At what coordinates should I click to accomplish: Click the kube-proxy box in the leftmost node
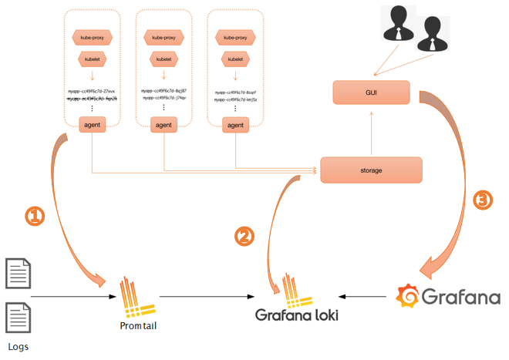click(92, 37)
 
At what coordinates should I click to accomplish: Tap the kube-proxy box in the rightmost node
click(235, 37)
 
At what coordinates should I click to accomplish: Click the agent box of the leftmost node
click(92, 124)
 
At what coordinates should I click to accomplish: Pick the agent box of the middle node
click(163, 124)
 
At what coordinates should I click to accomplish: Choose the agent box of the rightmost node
click(235, 124)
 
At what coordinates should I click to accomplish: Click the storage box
click(371, 170)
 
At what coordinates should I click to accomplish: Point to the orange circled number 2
click(244, 236)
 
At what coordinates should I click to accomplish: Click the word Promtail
click(138, 325)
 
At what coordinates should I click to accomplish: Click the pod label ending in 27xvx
click(92, 91)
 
